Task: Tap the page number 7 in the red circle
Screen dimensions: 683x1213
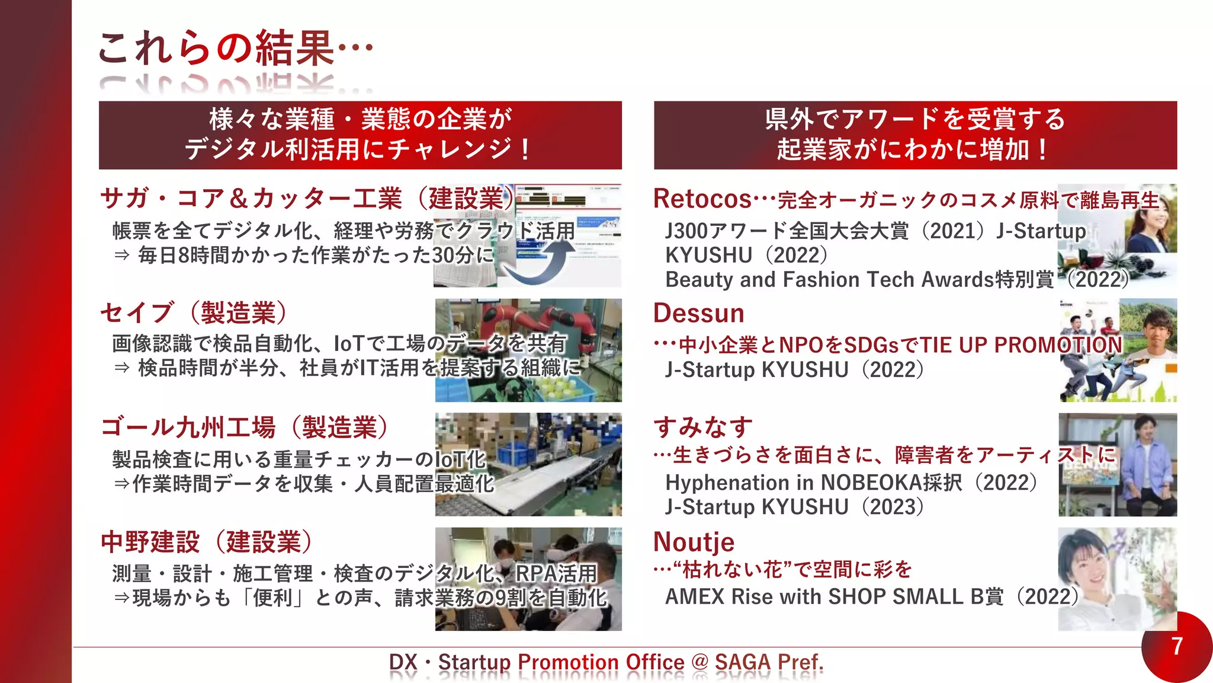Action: (x=1177, y=646)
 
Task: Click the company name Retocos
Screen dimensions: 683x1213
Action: (x=702, y=199)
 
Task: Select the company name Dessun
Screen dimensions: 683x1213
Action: (x=699, y=313)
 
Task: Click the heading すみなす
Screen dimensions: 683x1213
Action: (x=703, y=427)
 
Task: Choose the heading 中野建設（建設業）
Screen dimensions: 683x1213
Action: (x=207, y=542)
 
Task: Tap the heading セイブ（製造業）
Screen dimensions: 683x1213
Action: (x=194, y=313)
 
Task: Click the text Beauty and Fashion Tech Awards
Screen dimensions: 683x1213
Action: (x=830, y=279)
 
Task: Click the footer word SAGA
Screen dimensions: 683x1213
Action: (x=743, y=662)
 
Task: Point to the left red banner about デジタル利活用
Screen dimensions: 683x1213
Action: (x=360, y=135)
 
